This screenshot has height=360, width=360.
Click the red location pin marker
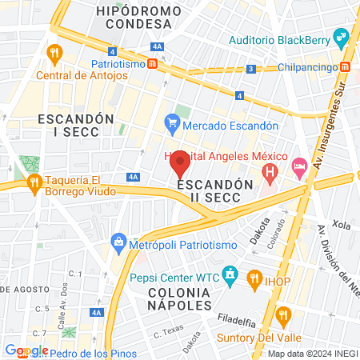coord(180,164)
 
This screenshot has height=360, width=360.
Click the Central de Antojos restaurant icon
coord(54,54)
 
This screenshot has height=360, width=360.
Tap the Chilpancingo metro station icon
coord(345,68)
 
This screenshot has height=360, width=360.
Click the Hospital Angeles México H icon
coord(270,170)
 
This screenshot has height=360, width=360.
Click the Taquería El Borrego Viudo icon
coord(34,183)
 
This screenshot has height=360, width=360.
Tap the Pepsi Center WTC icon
coord(230,278)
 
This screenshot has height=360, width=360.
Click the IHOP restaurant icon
coord(255,278)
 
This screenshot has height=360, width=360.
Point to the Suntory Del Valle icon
coord(282,313)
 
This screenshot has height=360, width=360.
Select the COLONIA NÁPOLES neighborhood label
coord(180,298)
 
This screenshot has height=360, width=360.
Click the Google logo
coord(26,350)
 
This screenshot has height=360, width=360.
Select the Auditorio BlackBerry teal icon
coord(341,37)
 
